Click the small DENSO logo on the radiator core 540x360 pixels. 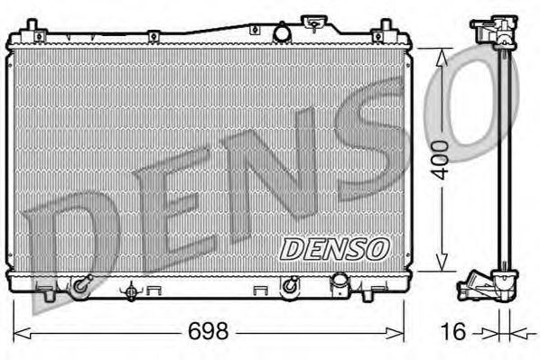(x=334, y=246)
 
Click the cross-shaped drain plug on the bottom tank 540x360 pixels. (x=134, y=291)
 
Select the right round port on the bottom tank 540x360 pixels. (x=290, y=287)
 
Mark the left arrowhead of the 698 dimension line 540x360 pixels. (x=20, y=331)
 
